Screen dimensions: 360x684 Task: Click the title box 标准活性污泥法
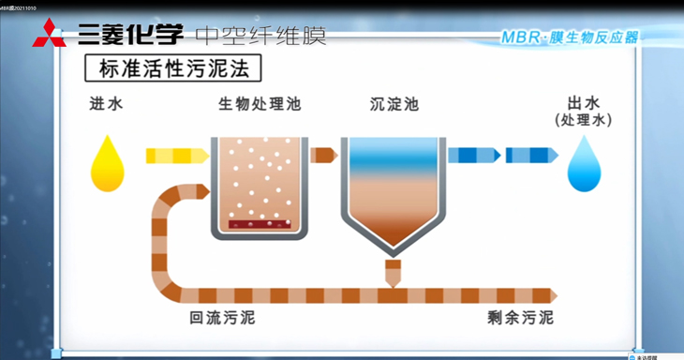point(173,68)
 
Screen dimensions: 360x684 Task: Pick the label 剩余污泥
point(520,319)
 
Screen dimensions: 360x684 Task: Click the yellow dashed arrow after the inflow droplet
point(176,156)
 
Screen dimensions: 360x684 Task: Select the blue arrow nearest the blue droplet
point(532,156)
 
